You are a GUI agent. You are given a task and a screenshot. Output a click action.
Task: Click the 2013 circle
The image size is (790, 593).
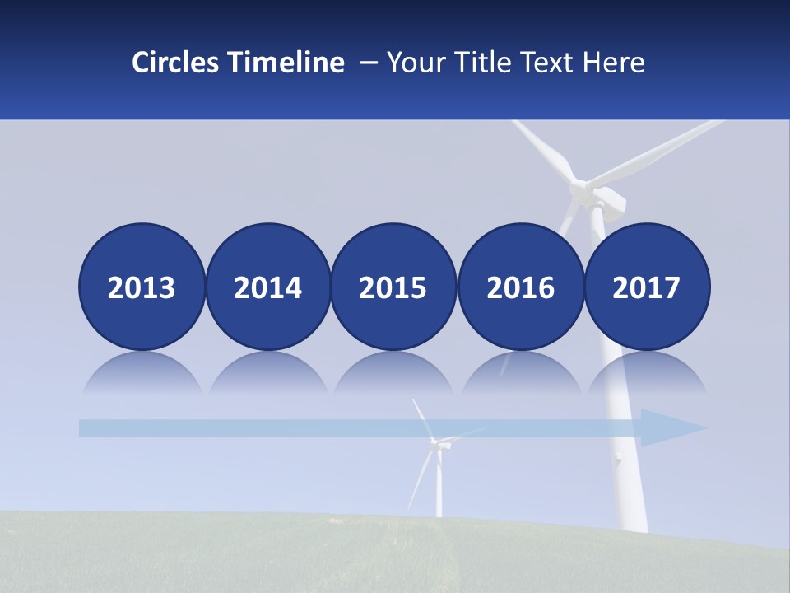[x=142, y=287]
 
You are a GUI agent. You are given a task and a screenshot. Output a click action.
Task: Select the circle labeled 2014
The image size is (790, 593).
[x=268, y=287]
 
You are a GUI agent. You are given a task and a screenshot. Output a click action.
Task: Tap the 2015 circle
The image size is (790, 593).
[x=393, y=287]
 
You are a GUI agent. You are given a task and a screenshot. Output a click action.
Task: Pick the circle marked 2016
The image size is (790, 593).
[x=520, y=287]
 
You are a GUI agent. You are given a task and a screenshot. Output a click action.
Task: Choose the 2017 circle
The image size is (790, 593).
[x=647, y=287]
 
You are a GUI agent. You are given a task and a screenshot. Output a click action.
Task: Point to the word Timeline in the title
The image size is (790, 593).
[x=287, y=63]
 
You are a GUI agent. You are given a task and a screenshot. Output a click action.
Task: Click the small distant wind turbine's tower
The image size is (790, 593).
[x=439, y=486]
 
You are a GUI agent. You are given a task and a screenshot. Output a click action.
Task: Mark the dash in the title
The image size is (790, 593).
[x=369, y=63]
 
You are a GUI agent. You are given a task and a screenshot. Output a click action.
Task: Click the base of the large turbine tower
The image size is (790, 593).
[x=634, y=519]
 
